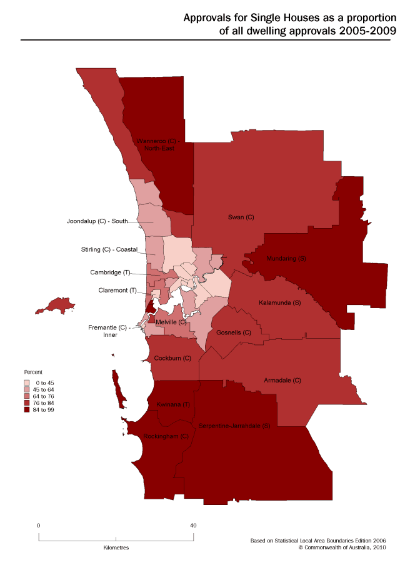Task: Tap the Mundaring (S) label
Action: (286, 258)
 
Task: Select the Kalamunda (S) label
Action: (280, 302)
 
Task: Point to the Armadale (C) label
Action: (282, 380)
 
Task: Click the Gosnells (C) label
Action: (233, 332)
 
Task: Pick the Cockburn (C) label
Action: (172, 359)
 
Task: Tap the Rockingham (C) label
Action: (166, 436)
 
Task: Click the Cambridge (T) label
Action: (109, 272)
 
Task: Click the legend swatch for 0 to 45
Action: (27, 382)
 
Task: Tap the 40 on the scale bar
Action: (193, 526)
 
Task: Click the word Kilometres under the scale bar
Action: (116, 547)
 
